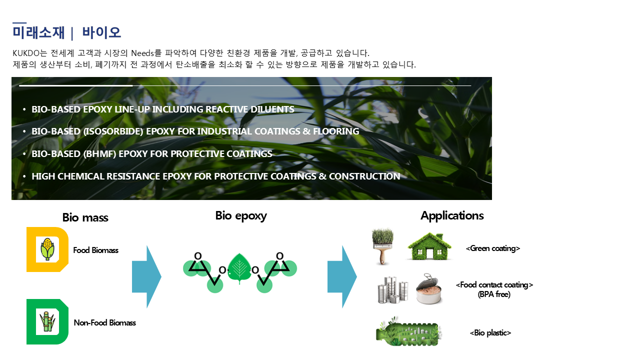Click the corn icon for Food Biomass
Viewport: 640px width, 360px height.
point(47,249)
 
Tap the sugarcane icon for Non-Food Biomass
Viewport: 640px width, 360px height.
point(47,321)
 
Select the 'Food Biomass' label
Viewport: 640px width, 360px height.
point(95,250)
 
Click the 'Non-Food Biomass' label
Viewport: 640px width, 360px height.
point(105,323)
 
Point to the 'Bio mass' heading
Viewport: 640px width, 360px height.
point(85,217)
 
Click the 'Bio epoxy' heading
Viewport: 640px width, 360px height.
point(241,216)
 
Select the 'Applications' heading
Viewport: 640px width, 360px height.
point(452,215)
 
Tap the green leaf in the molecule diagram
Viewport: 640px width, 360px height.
point(239,268)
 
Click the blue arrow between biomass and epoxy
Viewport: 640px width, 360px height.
point(146,276)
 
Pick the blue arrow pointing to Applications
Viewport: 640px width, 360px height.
point(342,276)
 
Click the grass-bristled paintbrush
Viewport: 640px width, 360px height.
point(383,246)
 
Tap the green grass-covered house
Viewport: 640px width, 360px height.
point(429,246)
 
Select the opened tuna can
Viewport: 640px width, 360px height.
point(429,289)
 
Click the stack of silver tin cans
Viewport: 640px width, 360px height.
point(393,289)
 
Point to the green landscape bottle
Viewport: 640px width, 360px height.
point(408,331)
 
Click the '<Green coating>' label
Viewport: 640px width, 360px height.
point(493,248)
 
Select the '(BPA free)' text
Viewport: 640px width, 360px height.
point(494,294)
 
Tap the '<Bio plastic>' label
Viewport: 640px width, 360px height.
point(490,333)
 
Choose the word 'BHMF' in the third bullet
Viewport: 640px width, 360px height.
point(99,153)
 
